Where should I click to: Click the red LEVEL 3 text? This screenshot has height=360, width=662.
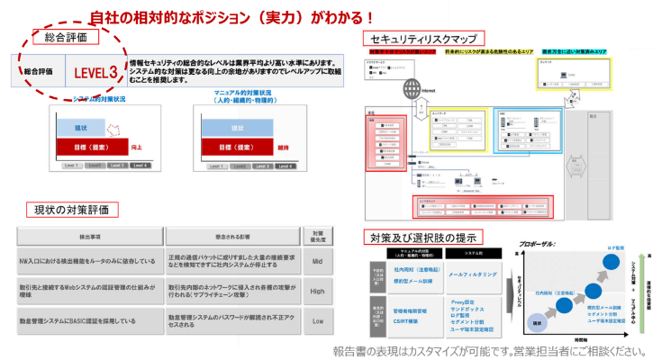(95, 71)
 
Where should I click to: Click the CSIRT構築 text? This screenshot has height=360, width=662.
(406, 321)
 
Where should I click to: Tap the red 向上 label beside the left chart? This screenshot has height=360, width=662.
(136, 145)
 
